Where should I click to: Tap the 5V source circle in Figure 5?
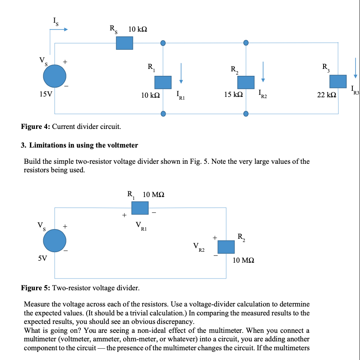coord(55,240)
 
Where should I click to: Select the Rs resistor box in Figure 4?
coord(124,43)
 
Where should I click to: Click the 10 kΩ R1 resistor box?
coord(163,82)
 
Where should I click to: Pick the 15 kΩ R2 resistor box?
coord(245,82)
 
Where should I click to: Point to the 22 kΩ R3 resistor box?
coord(338,81)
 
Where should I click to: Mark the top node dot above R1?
coord(163,43)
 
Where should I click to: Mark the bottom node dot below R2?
coord(245,114)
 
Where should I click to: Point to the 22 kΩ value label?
coord(326,95)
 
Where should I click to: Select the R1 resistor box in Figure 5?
coord(140,208)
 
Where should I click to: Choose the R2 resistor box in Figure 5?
coord(226,247)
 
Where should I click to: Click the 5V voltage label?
coord(43,258)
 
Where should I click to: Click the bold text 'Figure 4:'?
coord(36,127)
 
